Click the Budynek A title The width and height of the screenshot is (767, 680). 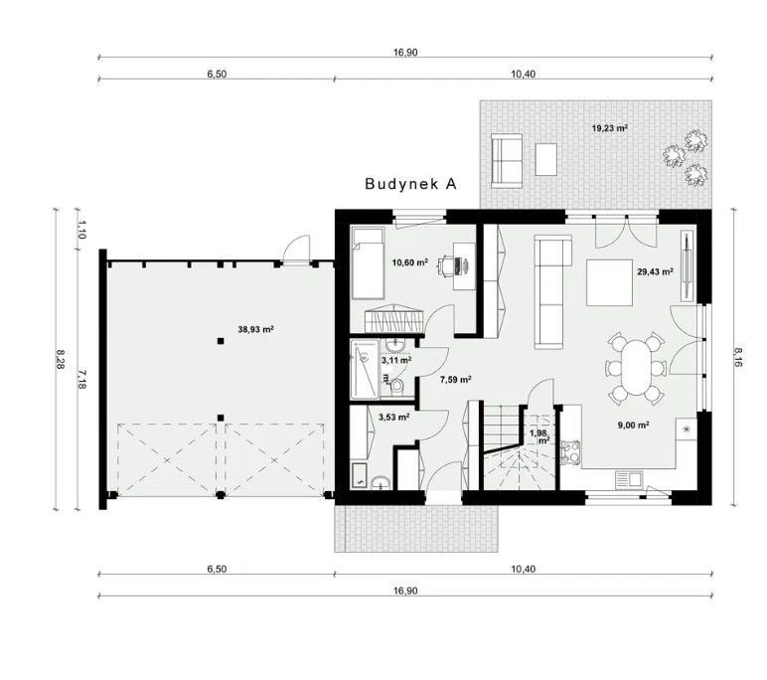click(x=410, y=184)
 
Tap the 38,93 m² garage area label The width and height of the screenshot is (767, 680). click(x=255, y=329)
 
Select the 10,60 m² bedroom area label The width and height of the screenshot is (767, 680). click(x=410, y=262)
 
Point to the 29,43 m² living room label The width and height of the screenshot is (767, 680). click(x=655, y=271)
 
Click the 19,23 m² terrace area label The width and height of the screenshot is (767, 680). click(x=609, y=128)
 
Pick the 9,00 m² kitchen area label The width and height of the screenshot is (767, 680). click(x=634, y=425)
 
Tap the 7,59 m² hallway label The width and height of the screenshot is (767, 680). click(x=455, y=379)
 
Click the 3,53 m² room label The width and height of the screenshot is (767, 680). click(x=393, y=418)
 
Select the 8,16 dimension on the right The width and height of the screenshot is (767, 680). click(x=738, y=357)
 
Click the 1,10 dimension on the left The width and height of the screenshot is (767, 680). click(x=81, y=229)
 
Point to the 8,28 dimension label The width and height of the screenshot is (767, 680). click(x=60, y=359)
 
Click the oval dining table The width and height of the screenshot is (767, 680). click(x=635, y=368)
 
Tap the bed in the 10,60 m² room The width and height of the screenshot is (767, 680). click(x=368, y=262)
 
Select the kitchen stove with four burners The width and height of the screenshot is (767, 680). click(x=570, y=452)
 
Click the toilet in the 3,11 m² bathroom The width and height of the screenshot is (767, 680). click(x=396, y=387)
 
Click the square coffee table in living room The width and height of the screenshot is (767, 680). click(x=609, y=282)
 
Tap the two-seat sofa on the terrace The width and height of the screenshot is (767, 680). click(x=507, y=161)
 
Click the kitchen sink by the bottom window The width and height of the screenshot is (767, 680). click(x=629, y=480)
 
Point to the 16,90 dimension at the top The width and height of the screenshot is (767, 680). click(x=405, y=53)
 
